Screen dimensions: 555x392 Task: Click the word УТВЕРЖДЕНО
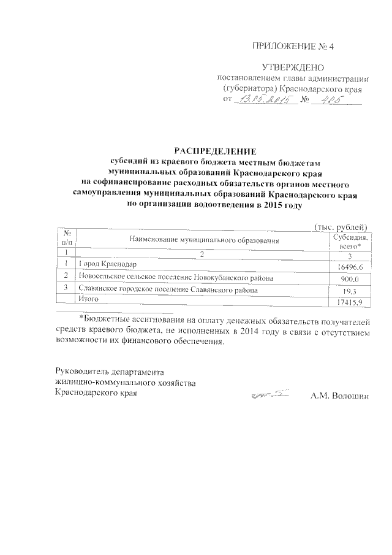tap(293, 67)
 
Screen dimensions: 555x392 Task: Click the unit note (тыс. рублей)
tap(340, 227)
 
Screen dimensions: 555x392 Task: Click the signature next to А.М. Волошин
tap(270, 397)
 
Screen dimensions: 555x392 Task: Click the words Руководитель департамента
tap(110, 372)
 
